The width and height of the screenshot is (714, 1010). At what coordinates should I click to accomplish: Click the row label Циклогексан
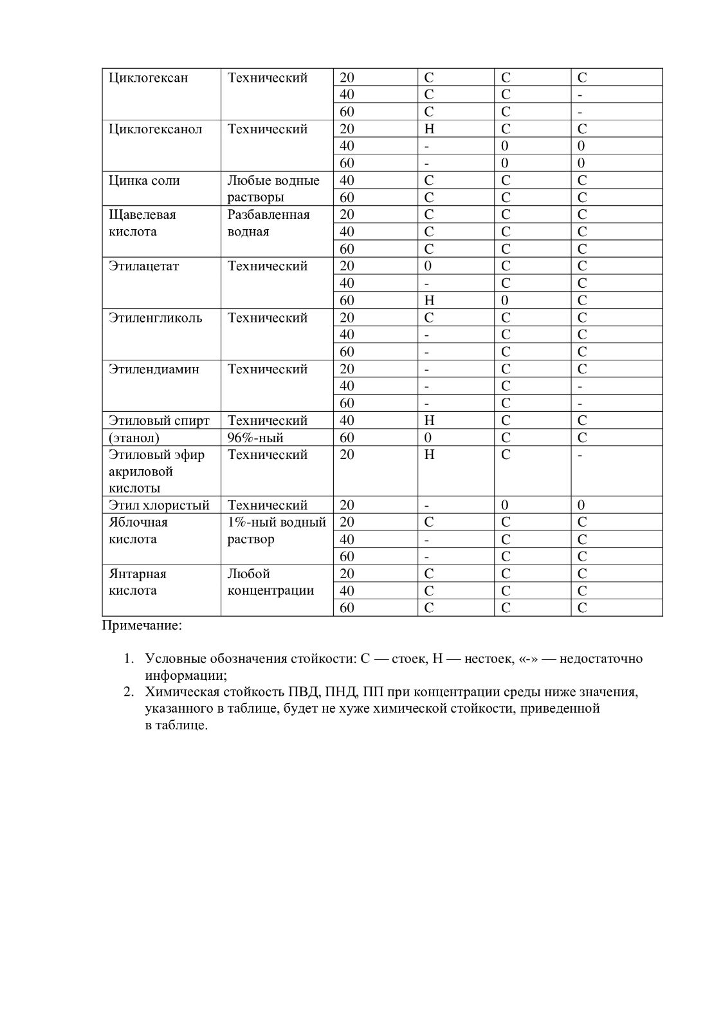click(x=149, y=78)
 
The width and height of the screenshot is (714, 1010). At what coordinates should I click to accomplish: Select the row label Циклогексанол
click(x=155, y=129)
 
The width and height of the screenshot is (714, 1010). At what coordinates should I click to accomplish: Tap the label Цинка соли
click(x=140, y=181)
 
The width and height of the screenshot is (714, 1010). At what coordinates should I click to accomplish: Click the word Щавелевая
click(x=142, y=215)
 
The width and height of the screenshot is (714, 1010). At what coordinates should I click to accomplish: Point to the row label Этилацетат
click(x=144, y=267)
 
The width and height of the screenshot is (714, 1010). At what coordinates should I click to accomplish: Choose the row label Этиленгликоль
click(x=155, y=318)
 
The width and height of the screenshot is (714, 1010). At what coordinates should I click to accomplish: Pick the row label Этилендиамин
click(x=154, y=369)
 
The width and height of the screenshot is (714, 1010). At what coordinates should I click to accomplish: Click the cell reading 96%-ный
click(x=255, y=438)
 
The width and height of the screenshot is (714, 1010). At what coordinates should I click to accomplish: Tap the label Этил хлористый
click(x=159, y=505)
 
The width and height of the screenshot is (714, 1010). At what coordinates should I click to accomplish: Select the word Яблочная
click(x=138, y=522)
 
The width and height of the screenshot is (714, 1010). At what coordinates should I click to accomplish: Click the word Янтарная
click(x=138, y=574)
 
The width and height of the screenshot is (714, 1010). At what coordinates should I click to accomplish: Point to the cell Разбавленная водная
click(x=268, y=223)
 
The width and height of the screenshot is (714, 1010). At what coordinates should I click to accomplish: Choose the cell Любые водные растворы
click(x=273, y=189)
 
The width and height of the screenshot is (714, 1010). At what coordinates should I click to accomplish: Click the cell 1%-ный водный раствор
click(x=277, y=530)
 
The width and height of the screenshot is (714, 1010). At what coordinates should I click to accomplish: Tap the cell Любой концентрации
click(x=270, y=582)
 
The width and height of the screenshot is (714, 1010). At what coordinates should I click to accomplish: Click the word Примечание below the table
click(x=142, y=625)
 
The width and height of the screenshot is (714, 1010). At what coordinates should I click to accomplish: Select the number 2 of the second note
click(x=128, y=693)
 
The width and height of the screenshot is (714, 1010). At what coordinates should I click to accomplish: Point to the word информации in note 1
click(x=186, y=676)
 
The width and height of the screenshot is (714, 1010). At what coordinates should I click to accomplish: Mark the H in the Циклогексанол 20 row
click(x=429, y=129)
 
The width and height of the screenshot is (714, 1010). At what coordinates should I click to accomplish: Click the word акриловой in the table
click(x=141, y=472)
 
